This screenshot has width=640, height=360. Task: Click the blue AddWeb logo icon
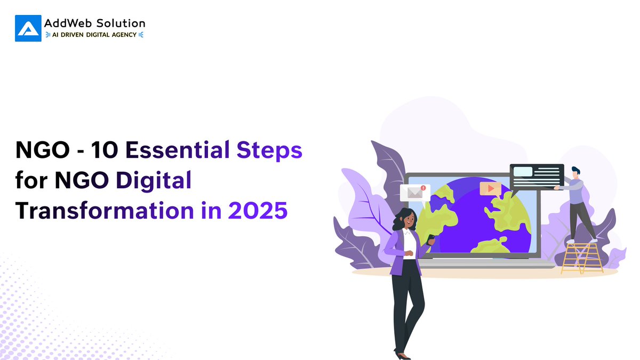click(28, 28)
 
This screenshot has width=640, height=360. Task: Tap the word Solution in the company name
click(120, 23)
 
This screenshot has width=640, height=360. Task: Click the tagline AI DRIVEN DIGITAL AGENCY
click(95, 35)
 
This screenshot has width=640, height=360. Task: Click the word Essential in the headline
click(178, 151)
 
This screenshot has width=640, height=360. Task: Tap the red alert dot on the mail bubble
click(423, 188)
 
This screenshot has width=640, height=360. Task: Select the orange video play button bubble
click(490, 189)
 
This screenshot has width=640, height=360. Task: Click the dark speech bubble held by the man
click(537, 177)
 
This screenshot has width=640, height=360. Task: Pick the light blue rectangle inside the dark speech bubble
click(523, 172)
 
